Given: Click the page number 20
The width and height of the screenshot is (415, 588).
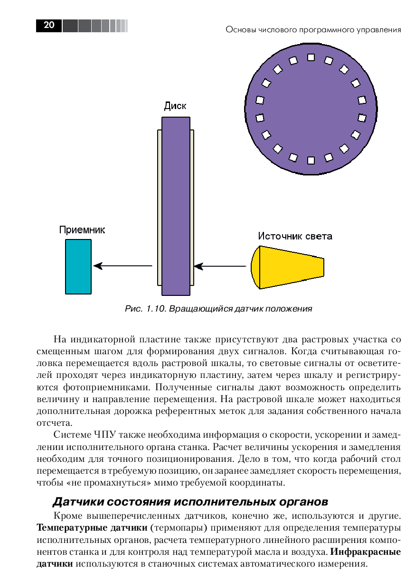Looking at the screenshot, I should click(x=49, y=26).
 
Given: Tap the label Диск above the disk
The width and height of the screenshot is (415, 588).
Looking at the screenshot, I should click(x=175, y=106).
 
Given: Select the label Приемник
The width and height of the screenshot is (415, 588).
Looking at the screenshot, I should click(x=82, y=230).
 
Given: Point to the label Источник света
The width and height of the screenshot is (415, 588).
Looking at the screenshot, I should click(x=295, y=236).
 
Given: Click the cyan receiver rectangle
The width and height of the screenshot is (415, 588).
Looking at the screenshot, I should click(x=78, y=266).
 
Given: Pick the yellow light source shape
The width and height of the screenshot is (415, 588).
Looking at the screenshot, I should click(x=287, y=266).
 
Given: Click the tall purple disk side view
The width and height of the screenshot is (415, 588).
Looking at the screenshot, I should click(x=176, y=206).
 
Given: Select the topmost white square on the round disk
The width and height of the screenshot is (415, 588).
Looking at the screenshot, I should click(x=311, y=57).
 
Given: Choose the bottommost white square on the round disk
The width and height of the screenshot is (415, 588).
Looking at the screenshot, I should click(x=311, y=160).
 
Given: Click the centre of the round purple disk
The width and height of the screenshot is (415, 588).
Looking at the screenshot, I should click(x=311, y=109).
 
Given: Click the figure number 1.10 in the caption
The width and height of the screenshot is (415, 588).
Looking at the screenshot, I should click(x=157, y=309).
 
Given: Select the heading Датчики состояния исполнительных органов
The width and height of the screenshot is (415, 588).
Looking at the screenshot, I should click(x=190, y=501).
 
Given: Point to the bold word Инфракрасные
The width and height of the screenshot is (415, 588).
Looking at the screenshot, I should click(x=366, y=552).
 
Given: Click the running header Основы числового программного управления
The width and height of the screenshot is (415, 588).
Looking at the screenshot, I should click(x=313, y=30).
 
